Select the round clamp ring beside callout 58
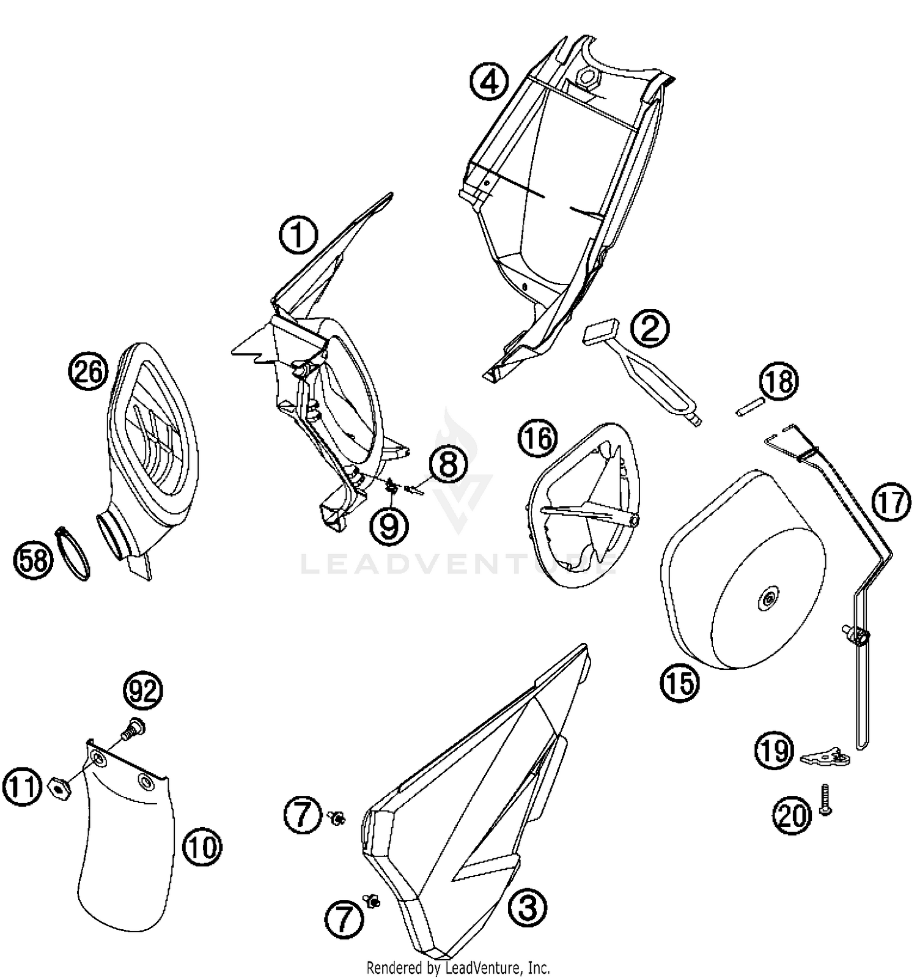(74, 553)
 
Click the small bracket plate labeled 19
(825, 757)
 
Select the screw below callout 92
(131, 730)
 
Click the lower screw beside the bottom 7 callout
(371, 900)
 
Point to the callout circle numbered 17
(890, 503)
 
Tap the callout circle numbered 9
(389, 526)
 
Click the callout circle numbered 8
(448, 464)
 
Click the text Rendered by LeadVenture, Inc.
(458, 968)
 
